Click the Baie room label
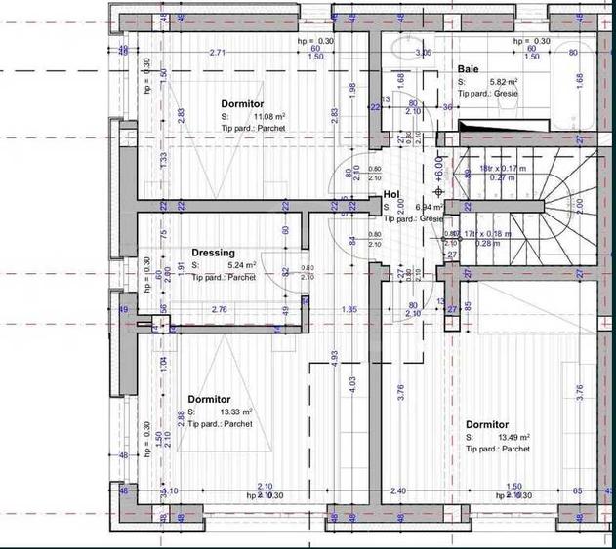pyautogui.click(x=468, y=69)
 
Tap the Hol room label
pyautogui.click(x=392, y=195)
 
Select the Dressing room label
pyautogui.click(x=213, y=253)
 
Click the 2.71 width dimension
pyautogui.click(x=218, y=53)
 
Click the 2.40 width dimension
pyautogui.click(x=397, y=491)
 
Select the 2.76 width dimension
pyautogui.click(x=220, y=310)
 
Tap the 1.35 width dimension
pyautogui.click(x=349, y=310)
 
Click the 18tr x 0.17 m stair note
pyautogui.click(x=500, y=169)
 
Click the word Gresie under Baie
pyautogui.click(x=506, y=93)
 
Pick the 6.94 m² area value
pyautogui.click(x=428, y=208)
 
